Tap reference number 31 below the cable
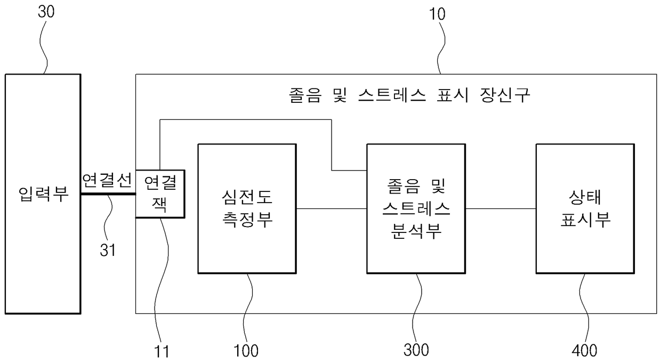tap(108, 250)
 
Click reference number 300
tap(416, 350)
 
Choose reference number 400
tap(585, 350)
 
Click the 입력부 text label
tap(43, 194)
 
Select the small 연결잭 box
tap(160, 193)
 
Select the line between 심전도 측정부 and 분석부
tap(331, 208)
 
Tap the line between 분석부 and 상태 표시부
tap(501, 208)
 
